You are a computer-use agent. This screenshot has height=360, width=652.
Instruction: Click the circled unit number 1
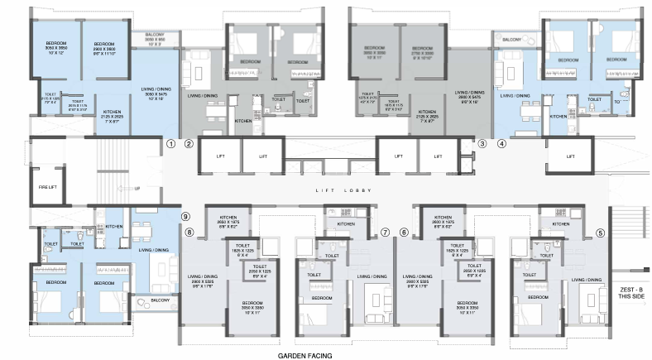click(170, 142)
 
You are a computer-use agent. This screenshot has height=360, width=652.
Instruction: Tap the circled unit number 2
click(189, 143)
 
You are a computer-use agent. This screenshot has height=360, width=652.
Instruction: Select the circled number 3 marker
click(482, 142)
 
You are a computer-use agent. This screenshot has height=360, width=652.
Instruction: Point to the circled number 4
click(501, 142)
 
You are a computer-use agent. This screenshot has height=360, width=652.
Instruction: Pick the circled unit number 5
click(601, 233)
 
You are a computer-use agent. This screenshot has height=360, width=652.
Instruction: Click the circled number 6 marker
click(404, 233)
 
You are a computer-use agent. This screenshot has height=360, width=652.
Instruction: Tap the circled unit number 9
click(187, 216)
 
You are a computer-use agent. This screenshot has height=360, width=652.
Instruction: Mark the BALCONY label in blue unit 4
click(511, 39)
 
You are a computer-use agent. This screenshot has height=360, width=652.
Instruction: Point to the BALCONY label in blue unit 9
click(160, 300)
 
